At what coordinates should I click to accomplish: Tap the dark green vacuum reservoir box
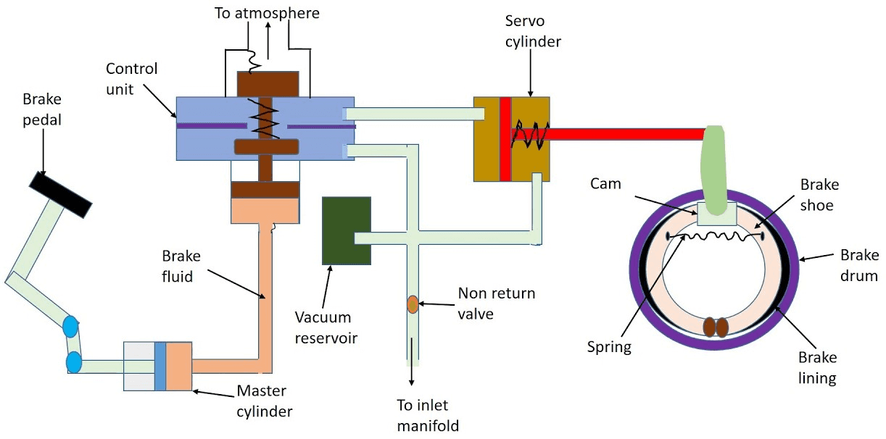347,230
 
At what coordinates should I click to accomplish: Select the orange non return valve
413,304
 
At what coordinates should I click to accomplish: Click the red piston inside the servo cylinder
505,138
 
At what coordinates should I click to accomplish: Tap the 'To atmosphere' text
267,13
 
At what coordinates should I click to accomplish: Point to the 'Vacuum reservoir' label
323,327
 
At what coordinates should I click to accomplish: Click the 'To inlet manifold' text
428,415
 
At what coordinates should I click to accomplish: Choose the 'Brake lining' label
817,367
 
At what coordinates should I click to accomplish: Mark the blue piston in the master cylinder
160,366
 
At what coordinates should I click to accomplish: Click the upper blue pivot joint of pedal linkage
70,327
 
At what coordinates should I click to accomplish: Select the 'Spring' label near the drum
609,347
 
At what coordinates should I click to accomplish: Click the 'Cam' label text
606,184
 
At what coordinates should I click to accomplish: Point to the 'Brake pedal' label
42,109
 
